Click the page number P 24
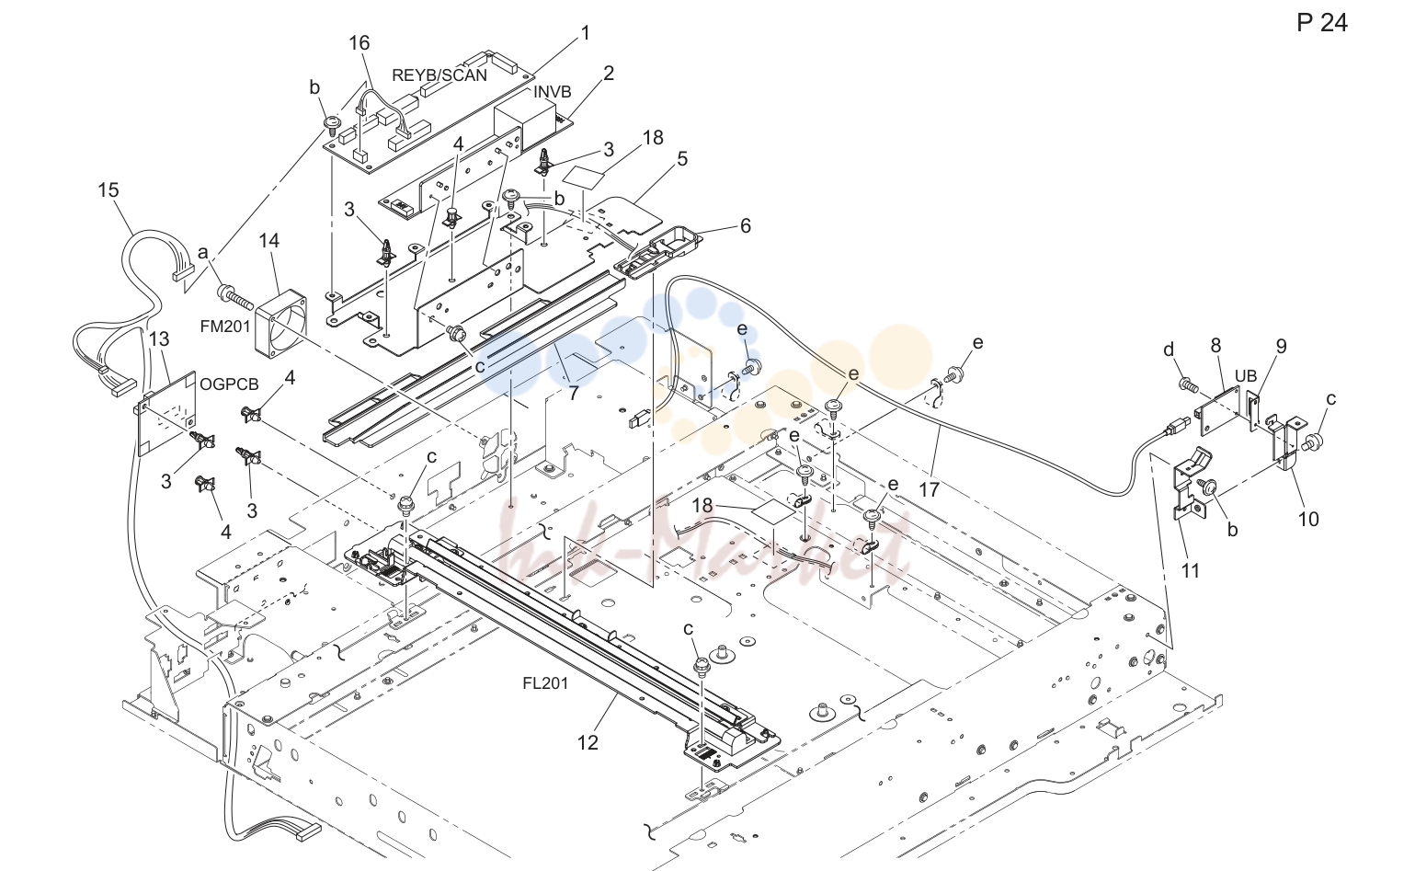pyautogui.click(x=1322, y=23)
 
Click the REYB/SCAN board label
pyautogui.click(x=439, y=75)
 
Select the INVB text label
pyautogui.click(x=552, y=92)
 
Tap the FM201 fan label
pyautogui.click(x=225, y=327)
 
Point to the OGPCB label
pyautogui.click(x=229, y=384)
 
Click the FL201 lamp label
pyautogui.click(x=545, y=683)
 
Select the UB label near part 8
pyautogui.click(x=1246, y=376)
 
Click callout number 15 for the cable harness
pyautogui.click(x=108, y=189)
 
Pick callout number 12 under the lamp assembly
pyautogui.click(x=588, y=742)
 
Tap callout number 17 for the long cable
pyautogui.click(x=930, y=489)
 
